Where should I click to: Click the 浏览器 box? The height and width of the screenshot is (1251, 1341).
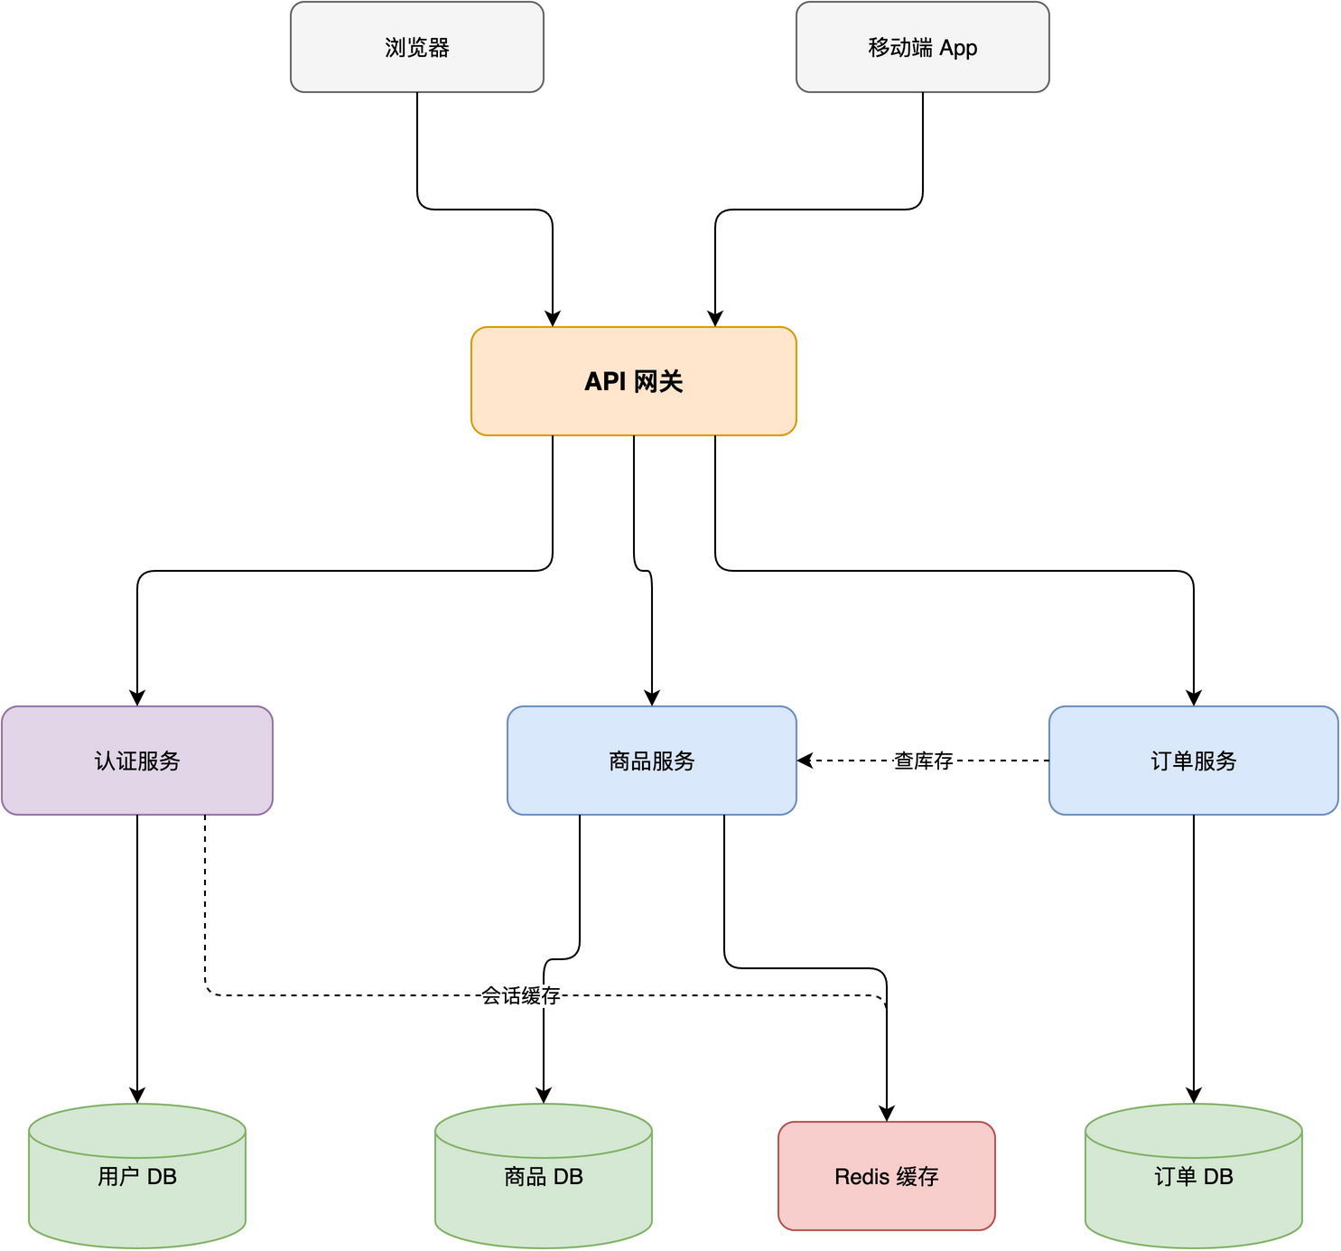(416, 47)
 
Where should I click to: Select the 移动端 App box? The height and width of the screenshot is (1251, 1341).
(922, 47)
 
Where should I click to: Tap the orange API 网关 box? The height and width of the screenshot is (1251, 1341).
(633, 381)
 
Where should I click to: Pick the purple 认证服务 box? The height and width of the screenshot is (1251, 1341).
(136, 761)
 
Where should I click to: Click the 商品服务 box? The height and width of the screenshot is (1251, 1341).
(651, 761)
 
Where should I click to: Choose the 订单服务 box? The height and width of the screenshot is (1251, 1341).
(1193, 761)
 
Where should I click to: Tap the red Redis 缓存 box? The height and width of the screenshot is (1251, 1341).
(886, 1176)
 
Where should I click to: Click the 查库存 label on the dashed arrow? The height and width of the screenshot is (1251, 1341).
(923, 761)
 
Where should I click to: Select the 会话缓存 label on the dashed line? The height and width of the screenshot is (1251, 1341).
(520, 995)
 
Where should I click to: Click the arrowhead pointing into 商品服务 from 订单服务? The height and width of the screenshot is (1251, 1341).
(805, 761)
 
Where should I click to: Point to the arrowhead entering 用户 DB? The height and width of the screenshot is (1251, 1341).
(137, 1096)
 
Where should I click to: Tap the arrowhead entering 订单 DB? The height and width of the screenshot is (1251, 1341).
(1194, 1096)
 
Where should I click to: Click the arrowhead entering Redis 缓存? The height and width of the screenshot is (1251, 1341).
(887, 1114)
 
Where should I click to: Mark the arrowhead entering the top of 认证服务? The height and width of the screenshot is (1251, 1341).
(137, 698)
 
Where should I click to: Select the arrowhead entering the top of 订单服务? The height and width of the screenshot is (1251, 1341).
(1194, 698)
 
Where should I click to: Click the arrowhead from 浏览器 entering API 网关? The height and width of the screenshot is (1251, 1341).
(553, 319)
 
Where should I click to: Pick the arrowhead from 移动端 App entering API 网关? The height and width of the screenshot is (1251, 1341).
(715, 319)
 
